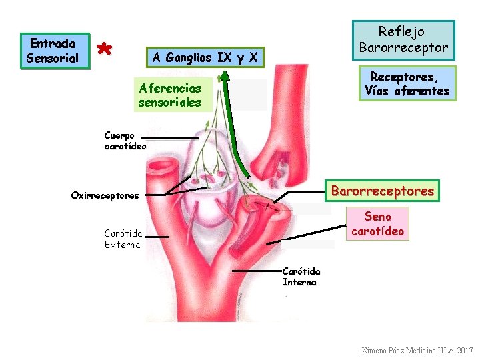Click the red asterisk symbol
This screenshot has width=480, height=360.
pos(103,49)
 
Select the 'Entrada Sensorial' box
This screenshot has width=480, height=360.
pos(54,51)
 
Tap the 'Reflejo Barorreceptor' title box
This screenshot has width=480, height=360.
pos(403,40)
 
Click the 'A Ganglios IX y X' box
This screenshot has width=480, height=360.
pos(205,57)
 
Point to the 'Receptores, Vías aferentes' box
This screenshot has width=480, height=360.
pos(407,83)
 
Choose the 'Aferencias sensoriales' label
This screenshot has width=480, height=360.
pos(171,95)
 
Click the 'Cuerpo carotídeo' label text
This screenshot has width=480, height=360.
pos(125,141)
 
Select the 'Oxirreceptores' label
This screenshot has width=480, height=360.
pos(105,195)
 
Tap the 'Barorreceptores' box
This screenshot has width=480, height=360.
pos(381,191)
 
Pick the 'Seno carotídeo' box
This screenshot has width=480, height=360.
pos(377,224)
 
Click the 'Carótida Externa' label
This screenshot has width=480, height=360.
pos(123,239)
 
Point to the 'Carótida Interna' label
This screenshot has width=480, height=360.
pos(301,277)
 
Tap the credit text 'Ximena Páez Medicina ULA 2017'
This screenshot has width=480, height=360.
pos(417,350)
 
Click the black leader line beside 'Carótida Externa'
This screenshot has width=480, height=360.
pos(158,235)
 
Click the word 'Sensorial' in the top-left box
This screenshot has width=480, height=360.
pos(53,58)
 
